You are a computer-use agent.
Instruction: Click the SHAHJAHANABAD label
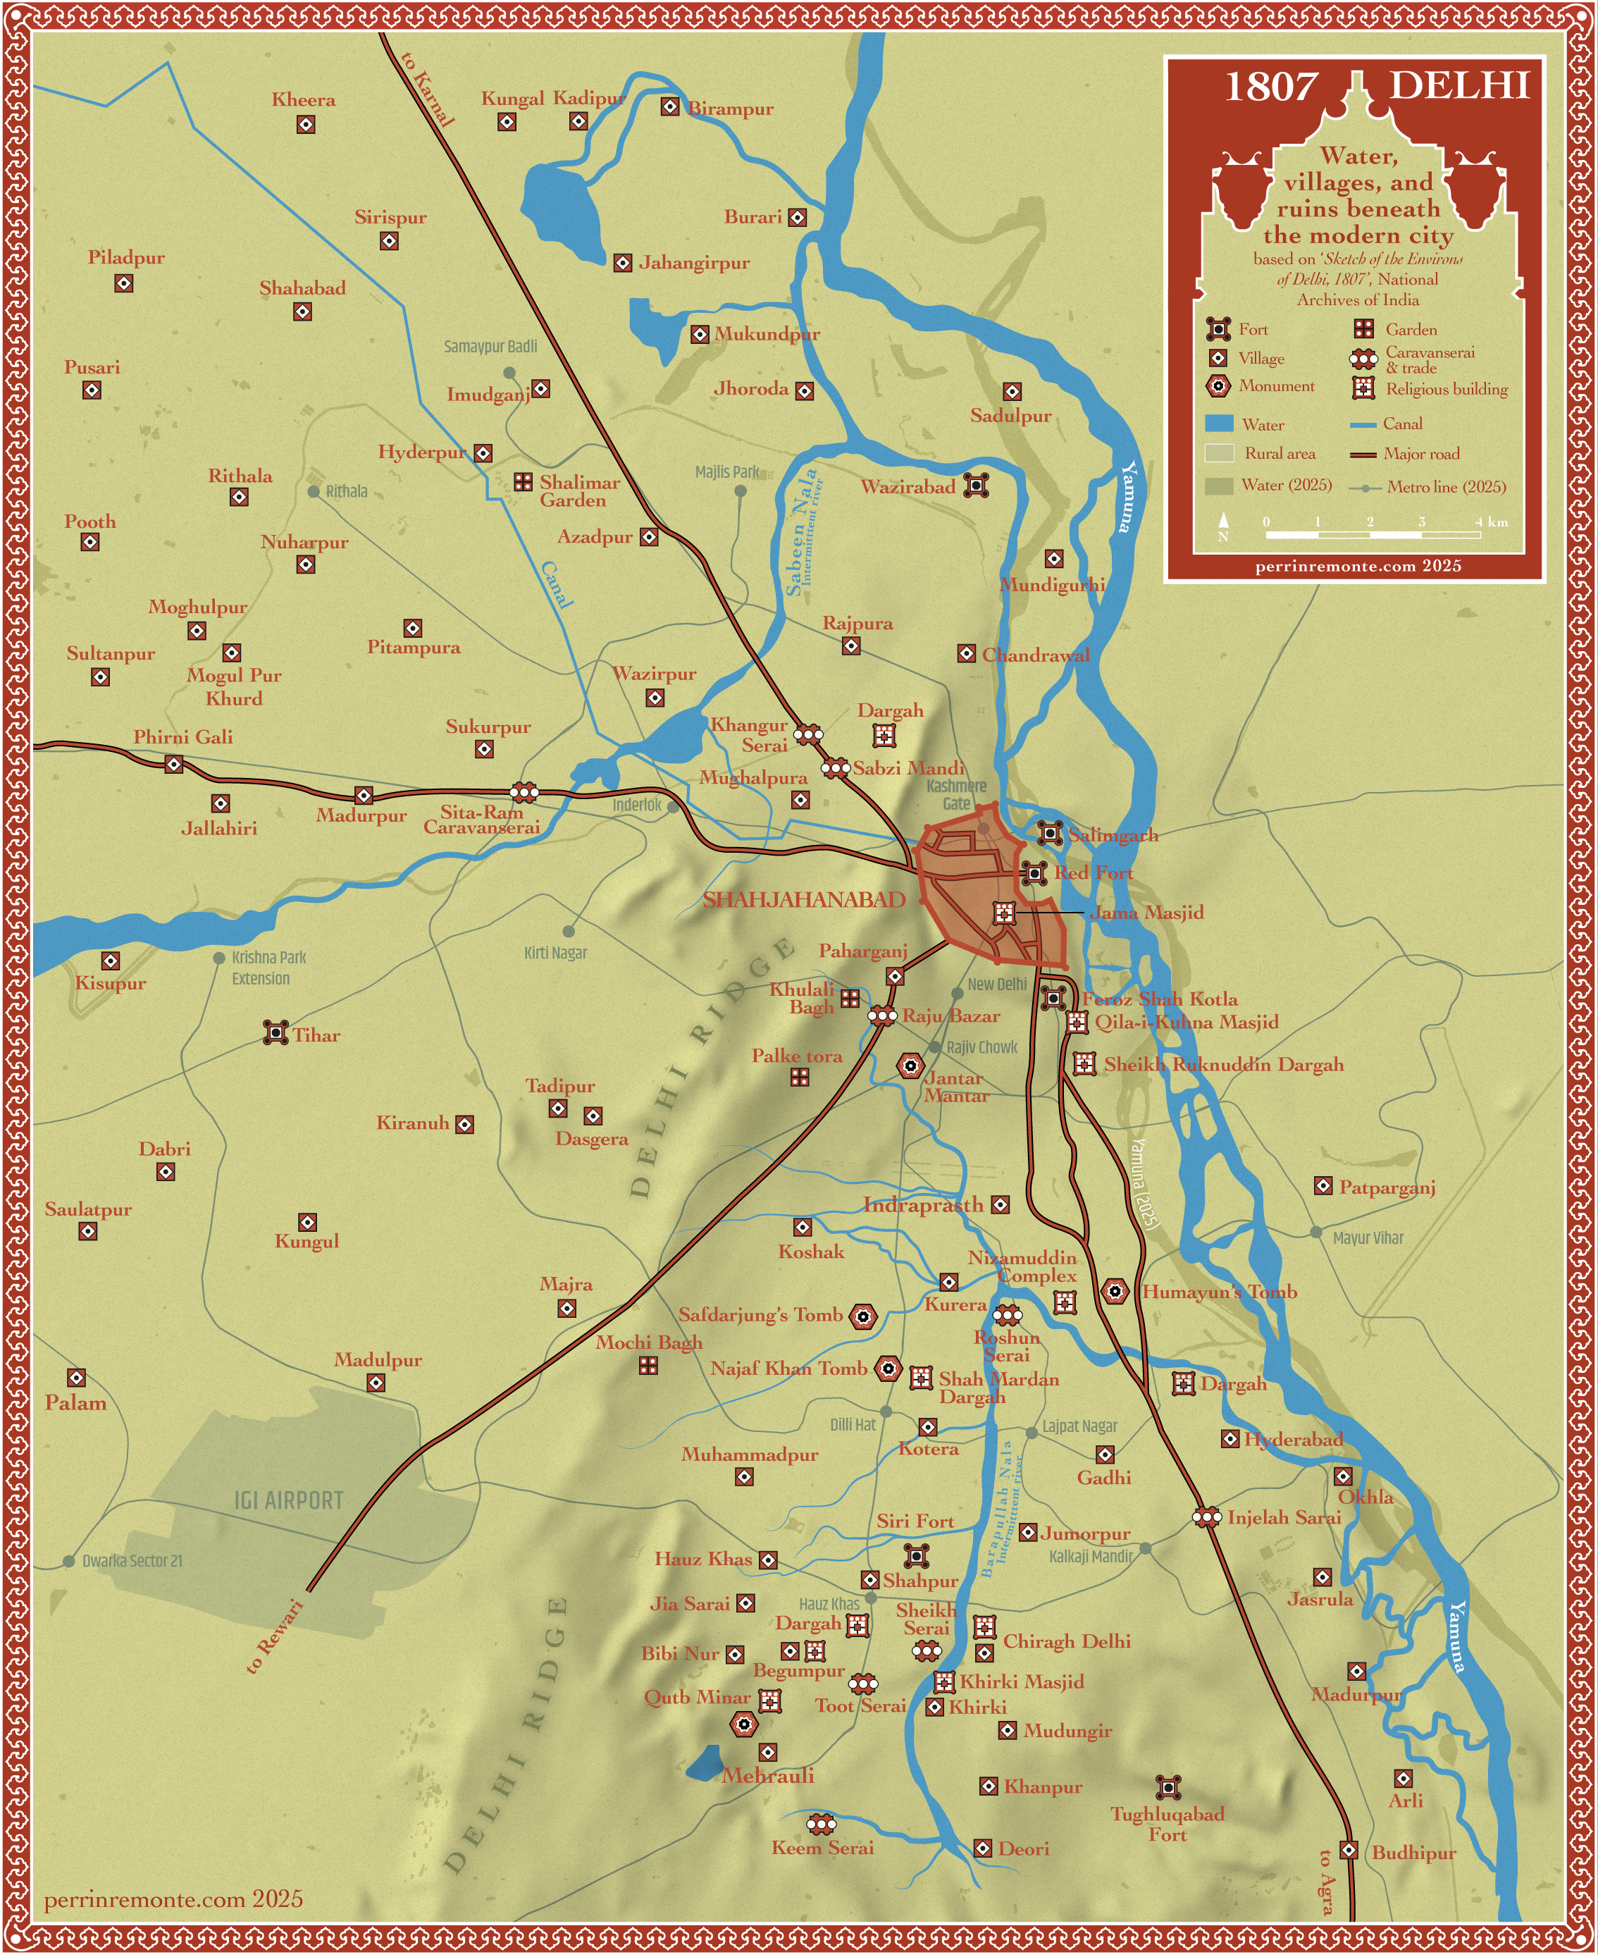coord(804,900)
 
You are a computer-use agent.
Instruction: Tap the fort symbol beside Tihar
coord(275,1033)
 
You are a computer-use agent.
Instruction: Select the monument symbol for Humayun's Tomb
coord(1115,1292)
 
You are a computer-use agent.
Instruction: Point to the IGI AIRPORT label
coord(288,1500)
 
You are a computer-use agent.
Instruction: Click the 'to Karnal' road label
coord(428,88)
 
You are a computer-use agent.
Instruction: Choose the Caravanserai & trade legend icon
coord(1363,360)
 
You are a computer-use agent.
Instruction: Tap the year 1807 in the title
coord(1270,87)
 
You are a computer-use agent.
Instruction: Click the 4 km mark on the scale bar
coord(1479,523)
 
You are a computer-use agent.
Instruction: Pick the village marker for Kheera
coord(306,124)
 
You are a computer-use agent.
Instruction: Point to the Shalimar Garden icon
coord(523,481)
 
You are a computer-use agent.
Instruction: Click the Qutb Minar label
coord(697,1696)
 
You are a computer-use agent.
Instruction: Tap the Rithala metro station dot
coord(314,492)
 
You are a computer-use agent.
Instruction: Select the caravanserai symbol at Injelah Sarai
coord(1207,1517)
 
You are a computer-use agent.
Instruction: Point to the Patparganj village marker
coord(1323,1185)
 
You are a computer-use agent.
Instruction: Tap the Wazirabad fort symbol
coord(977,485)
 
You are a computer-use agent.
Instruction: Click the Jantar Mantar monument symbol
coord(910,1066)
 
